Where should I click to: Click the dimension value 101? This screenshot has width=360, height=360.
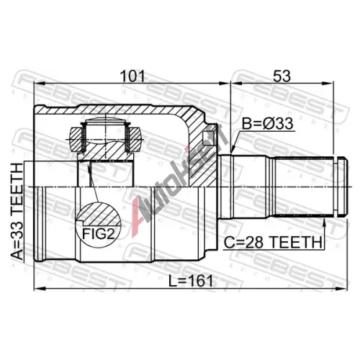pos(132,76)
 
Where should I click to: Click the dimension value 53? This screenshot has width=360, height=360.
pos(282,76)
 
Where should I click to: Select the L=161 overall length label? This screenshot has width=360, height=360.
pos(191,281)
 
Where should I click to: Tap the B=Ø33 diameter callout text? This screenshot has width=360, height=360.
pos(267,124)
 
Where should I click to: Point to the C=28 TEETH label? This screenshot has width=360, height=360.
pos(273,243)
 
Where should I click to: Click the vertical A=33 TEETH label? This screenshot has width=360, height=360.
pos(18,211)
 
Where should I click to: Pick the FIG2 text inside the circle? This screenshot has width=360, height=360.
pos(99,233)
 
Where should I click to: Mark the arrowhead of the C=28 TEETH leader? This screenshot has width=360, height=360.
pos(325,222)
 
